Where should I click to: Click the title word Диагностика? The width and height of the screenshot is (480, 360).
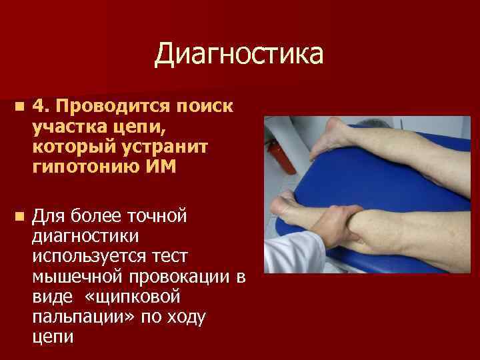pyautogui.click(x=239, y=55)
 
